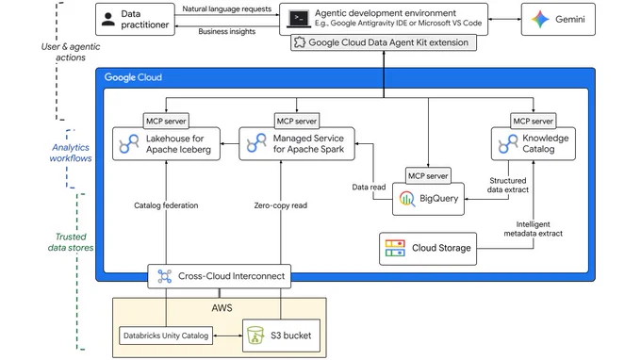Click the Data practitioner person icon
[x=107, y=19]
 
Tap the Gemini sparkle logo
[x=540, y=19]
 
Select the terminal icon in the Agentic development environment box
[x=299, y=19]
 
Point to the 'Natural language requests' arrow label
[x=227, y=9]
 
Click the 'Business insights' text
[x=227, y=31]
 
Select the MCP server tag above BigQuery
[x=428, y=175]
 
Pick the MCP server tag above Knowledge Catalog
[x=534, y=121]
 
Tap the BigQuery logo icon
[x=407, y=199]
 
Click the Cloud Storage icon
[x=395, y=248]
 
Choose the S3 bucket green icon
[x=255, y=335]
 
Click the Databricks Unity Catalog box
[x=166, y=335]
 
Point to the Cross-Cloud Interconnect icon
[x=165, y=276]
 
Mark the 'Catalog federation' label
[x=166, y=205]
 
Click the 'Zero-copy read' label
[x=281, y=205]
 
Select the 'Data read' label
[x=369, y=188]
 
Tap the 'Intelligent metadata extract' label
[x=534, y=229]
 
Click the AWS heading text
[x=222, y=307]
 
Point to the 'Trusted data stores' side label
[x=71, y=242]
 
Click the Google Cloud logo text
[x=133, y=77]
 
